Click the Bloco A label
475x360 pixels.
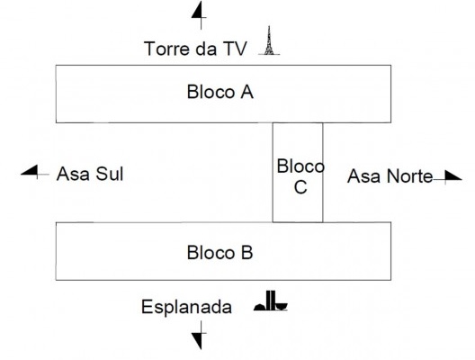[x=220, y=93]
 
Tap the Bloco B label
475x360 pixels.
[x=220, y=253]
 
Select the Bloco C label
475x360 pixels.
[x=300, y=176]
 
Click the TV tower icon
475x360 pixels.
[x=266, y=42]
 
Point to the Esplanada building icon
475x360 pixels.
[x=271, y=304]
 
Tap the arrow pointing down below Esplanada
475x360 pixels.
[x=198, y=338]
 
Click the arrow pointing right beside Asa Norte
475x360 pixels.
[x=447, y=176]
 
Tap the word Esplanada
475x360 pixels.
[x=186, y=308]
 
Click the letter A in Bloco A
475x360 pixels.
[x=247, y=93]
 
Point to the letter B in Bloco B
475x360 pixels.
[x=247, y=253]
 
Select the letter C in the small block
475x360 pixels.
[x=300, y=187]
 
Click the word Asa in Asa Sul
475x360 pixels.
[x=71, y=174]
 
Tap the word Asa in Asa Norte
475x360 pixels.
[x=363, y=175]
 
